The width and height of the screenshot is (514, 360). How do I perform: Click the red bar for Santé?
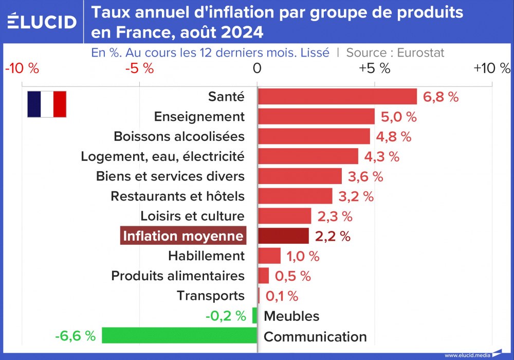click(x=337, y=97)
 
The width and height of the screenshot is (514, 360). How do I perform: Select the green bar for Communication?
click(x=179, y=336)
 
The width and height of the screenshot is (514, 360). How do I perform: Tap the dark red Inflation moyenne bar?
click(x=283, y=236)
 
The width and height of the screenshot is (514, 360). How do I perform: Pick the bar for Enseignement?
click(x=316, y=116)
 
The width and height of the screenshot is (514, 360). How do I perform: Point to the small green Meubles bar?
click(x=254, y=316)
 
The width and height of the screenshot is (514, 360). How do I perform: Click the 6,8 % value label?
click(x=440, y=97)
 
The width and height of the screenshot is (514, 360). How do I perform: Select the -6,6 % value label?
click(x=75, y=336)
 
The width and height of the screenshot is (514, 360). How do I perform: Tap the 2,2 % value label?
click(x=333, y=236)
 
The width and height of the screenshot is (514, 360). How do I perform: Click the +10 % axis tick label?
click(x=492, y=68)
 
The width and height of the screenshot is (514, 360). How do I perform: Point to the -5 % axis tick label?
click(x=140, y=68)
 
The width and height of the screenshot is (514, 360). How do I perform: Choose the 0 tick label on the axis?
click(x=257, y=68)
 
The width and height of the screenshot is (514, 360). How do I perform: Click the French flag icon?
click(x=47, y=104)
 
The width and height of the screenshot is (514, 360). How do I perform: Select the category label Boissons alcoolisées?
click(x=179, y=136)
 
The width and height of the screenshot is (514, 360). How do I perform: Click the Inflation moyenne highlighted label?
click(x=183, y=236)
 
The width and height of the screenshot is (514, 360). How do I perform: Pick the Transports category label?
click(x=211, y=296)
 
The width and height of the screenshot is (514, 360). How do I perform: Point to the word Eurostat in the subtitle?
click(x=420, y=52)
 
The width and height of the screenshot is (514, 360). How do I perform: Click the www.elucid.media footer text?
click(x=467, y=355)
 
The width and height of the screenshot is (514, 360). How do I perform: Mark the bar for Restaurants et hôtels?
click(x=295, y=196)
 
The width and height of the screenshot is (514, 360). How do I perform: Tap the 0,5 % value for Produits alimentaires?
click(x=293, y=276)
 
